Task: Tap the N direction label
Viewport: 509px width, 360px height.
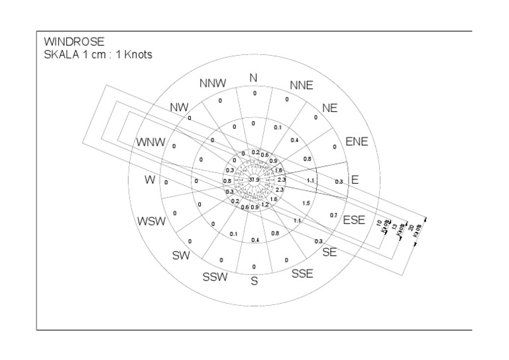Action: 253,78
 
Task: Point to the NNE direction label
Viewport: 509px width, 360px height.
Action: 301,86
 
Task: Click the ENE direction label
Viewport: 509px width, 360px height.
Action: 356,141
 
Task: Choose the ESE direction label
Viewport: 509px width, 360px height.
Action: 354,220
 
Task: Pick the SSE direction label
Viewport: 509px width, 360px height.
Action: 302,272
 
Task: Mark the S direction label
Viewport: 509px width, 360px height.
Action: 253,281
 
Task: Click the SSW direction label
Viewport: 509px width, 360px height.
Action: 215,277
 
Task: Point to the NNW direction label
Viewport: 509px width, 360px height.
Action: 213,84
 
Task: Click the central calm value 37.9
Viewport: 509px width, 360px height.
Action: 254,180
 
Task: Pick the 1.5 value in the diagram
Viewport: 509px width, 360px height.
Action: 306,204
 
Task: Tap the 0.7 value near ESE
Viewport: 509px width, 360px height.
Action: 333,216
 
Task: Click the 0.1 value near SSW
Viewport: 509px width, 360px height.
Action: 233,234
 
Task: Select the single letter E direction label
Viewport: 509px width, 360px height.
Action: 355,180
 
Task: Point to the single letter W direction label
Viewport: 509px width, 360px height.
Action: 151,180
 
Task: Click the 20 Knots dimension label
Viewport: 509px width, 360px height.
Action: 412,229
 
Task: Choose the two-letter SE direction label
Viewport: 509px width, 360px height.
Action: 329,253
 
